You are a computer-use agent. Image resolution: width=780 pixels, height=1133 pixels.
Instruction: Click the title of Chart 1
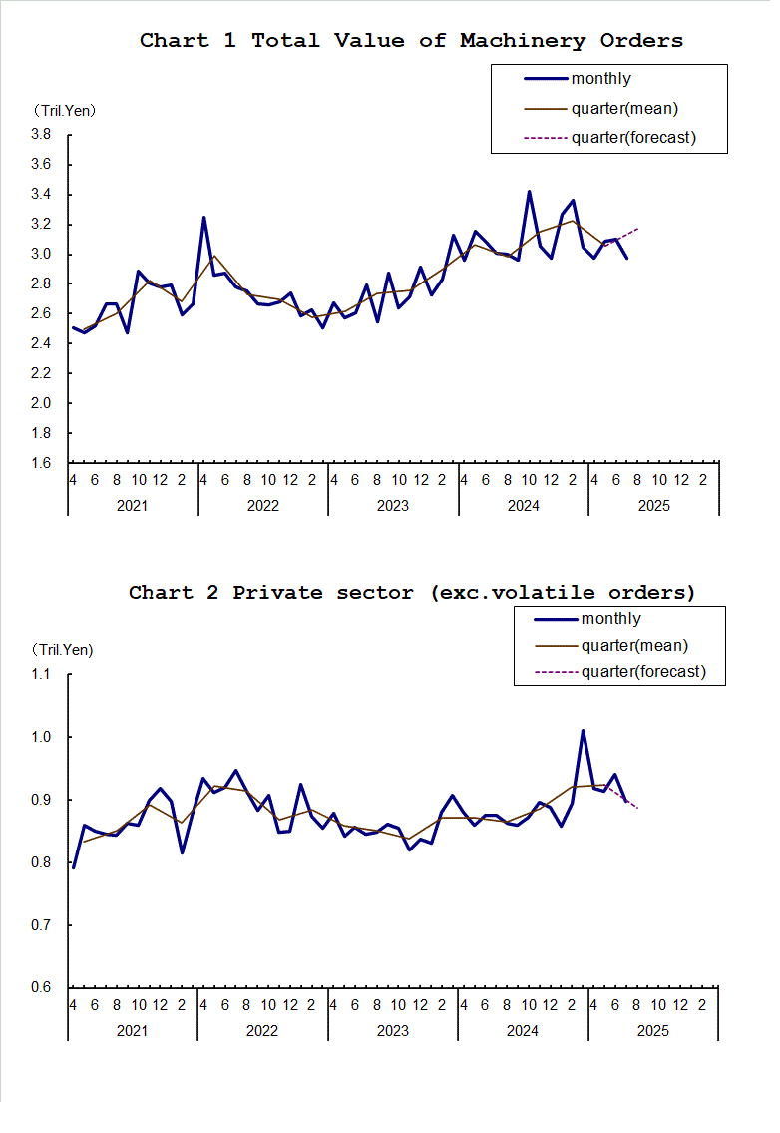(411, 41)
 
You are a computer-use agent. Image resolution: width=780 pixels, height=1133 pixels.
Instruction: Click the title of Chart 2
(412, 593)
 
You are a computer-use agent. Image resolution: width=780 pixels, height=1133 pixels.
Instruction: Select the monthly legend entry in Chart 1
(600, 79)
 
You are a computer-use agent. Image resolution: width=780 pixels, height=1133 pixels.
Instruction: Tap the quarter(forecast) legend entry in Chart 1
(633, 137)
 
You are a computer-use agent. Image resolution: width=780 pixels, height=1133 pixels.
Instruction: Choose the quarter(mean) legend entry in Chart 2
(634, 646)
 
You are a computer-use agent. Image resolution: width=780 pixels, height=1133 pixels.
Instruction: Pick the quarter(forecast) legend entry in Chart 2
(643, 671)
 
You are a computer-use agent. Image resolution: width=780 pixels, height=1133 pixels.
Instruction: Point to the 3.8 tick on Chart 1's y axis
(41, 134)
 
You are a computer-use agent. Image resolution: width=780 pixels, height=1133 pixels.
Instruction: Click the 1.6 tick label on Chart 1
(41, 463)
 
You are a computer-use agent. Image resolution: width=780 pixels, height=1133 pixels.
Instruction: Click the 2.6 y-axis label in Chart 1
(41, 313)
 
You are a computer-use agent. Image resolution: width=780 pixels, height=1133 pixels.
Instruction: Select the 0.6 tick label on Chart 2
(41, 988)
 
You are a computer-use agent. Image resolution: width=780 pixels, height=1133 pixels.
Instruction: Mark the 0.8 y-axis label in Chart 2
(41, 862)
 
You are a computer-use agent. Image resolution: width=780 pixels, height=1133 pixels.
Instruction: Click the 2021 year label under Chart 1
(133, 506)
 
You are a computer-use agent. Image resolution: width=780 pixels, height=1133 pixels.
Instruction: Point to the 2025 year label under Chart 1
(653, 506)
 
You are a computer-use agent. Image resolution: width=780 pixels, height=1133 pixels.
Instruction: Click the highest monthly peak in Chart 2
(583, 731)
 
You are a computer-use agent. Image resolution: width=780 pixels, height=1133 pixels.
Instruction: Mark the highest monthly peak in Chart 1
(529, 191)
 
